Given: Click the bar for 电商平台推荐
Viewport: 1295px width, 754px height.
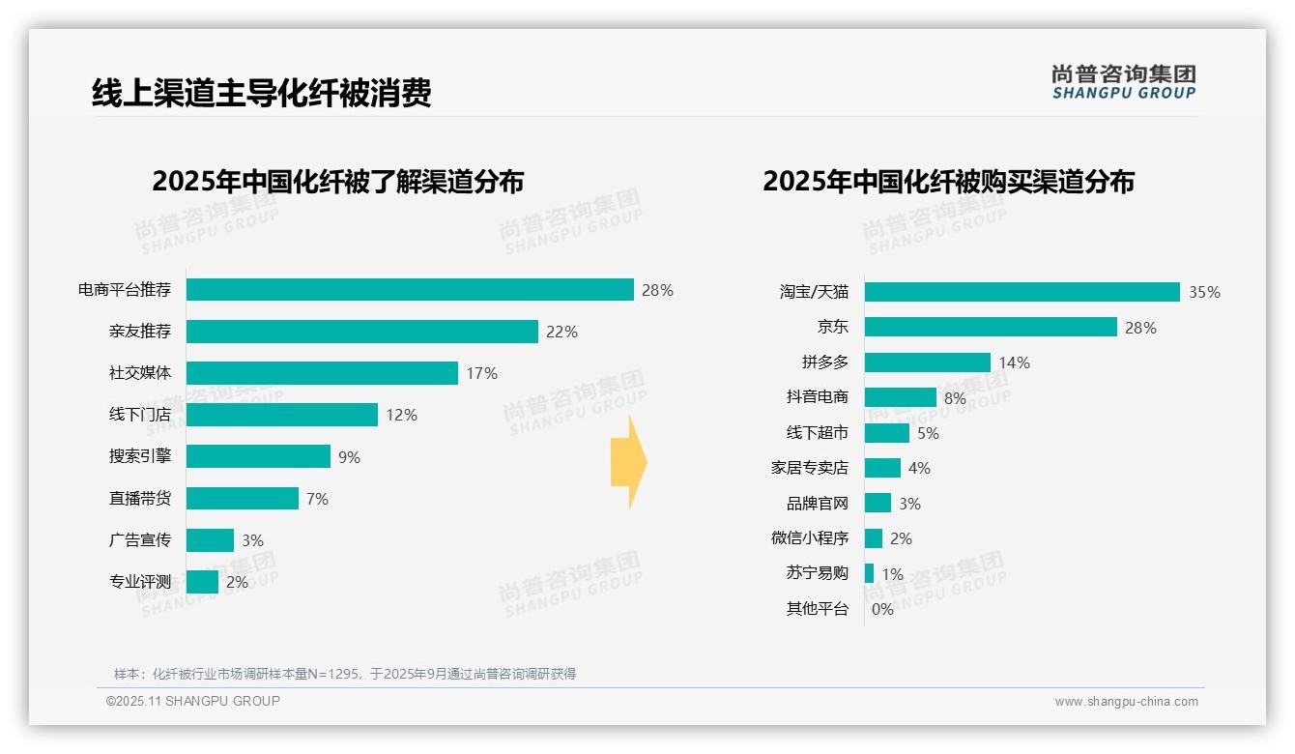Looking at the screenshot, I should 410,290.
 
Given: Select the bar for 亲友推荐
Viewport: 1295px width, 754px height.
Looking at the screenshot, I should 361,332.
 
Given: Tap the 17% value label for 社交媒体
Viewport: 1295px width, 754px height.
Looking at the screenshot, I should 481,373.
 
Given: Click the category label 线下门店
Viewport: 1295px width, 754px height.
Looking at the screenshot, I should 140,415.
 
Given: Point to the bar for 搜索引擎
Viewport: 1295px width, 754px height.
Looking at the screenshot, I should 258,456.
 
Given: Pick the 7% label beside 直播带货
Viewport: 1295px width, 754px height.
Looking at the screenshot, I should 317,499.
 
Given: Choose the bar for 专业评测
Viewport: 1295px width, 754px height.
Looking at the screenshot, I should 202,582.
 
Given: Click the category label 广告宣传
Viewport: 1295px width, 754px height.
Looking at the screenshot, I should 140,540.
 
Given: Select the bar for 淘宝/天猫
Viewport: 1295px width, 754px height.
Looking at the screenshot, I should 1022,292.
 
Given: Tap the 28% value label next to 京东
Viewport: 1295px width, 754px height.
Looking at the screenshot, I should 1140,328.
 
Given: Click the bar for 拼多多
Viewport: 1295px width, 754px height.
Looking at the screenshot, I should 927,362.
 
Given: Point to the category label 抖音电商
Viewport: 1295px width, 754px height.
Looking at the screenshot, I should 818,397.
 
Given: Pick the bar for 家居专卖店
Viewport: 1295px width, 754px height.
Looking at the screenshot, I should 882,468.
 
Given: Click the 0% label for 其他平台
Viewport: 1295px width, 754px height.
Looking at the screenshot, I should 882,609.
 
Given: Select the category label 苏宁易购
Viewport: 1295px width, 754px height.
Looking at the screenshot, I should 818,573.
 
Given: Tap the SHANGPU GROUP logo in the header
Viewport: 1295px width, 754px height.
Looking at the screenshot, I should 1123,82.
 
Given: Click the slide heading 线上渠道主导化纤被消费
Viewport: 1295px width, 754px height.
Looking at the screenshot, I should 261,93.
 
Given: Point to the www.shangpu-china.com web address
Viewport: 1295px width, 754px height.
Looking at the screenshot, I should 1126,702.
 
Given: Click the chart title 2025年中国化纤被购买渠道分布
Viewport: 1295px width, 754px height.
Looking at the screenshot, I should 948,182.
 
